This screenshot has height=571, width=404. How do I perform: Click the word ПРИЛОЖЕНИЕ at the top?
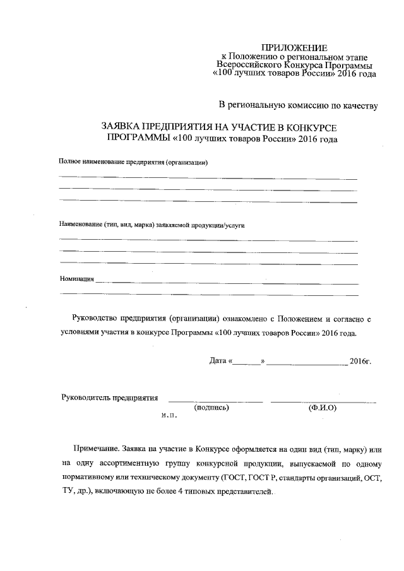(x=295, y=48)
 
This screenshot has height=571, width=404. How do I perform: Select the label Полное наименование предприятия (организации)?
(x=133, y=163)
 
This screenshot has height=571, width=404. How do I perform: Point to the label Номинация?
(x=76, y=278)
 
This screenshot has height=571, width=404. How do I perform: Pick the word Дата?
(x=218, y=362)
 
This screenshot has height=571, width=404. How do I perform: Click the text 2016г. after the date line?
(x=361, y=362)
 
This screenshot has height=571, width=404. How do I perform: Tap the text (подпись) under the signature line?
(x=212, y=408)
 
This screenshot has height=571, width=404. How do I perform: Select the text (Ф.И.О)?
(x=323, y=408)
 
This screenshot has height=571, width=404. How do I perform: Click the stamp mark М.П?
(x=169, y=416)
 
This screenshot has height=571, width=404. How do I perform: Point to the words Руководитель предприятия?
(x=109, y=397)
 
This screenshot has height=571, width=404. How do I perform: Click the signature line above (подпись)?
(x=215, y=401)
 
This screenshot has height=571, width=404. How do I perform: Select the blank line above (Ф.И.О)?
(x=323, y=401)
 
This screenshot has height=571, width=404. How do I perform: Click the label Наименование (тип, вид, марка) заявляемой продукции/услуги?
(x=151, y=224)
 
